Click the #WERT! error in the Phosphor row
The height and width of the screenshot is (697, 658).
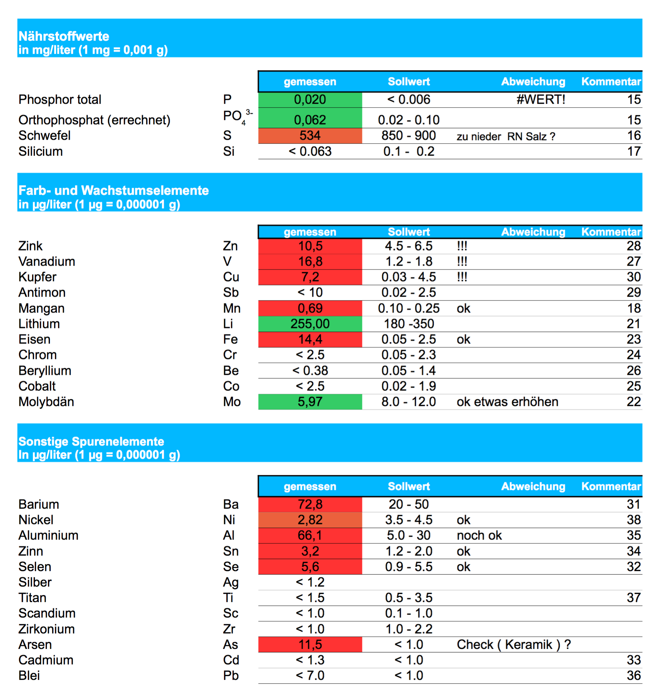tap(540, 100)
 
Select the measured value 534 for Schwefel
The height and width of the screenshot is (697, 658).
tap(310, 136)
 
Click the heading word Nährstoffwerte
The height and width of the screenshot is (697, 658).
tap(64, 36)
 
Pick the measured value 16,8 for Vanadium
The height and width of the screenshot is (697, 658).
tap(310, 261)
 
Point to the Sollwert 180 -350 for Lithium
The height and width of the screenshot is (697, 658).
tap(408, 324)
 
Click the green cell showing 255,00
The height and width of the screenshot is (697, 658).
tap(310, 324)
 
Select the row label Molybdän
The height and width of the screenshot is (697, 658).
tap(46, 402)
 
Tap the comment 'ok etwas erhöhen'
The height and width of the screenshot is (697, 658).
tap(507, 402)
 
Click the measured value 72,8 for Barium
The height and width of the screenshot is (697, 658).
tap(310, 504)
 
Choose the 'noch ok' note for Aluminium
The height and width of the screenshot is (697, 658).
tap(479, 535)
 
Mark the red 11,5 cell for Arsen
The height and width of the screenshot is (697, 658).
tap(310, 644)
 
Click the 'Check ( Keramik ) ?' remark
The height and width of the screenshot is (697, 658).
tap(513, 644)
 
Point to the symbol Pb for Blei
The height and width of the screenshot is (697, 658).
tap(231, 675)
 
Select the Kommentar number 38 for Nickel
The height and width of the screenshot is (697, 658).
tap(634, 520)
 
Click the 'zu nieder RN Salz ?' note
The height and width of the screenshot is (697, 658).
tap(506, 136)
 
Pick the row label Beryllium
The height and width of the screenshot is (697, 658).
tap(45, 371)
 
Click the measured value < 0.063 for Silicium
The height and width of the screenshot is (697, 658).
tap(310, 151)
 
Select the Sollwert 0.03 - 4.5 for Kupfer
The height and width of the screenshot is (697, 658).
tap(408, 277)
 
